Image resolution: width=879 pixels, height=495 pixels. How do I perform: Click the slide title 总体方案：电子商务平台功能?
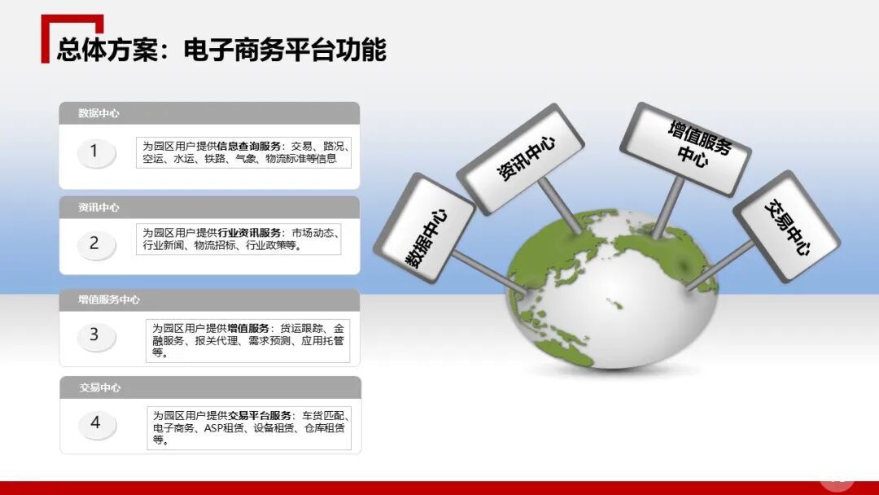221,50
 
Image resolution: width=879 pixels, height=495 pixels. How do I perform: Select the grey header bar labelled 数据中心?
209,113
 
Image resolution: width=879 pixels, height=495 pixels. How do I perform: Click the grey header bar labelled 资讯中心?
209,208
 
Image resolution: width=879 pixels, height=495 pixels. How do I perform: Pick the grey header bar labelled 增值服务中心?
209,300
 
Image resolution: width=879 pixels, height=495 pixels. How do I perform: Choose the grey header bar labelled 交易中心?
209,388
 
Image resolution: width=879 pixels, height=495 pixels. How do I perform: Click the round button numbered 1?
95,151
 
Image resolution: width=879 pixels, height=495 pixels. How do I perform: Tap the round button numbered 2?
95,243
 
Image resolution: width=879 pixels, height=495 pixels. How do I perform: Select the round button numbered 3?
95,335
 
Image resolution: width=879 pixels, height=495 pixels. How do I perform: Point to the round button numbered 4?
96,423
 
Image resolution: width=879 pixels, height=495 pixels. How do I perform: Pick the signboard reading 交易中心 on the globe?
786,226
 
